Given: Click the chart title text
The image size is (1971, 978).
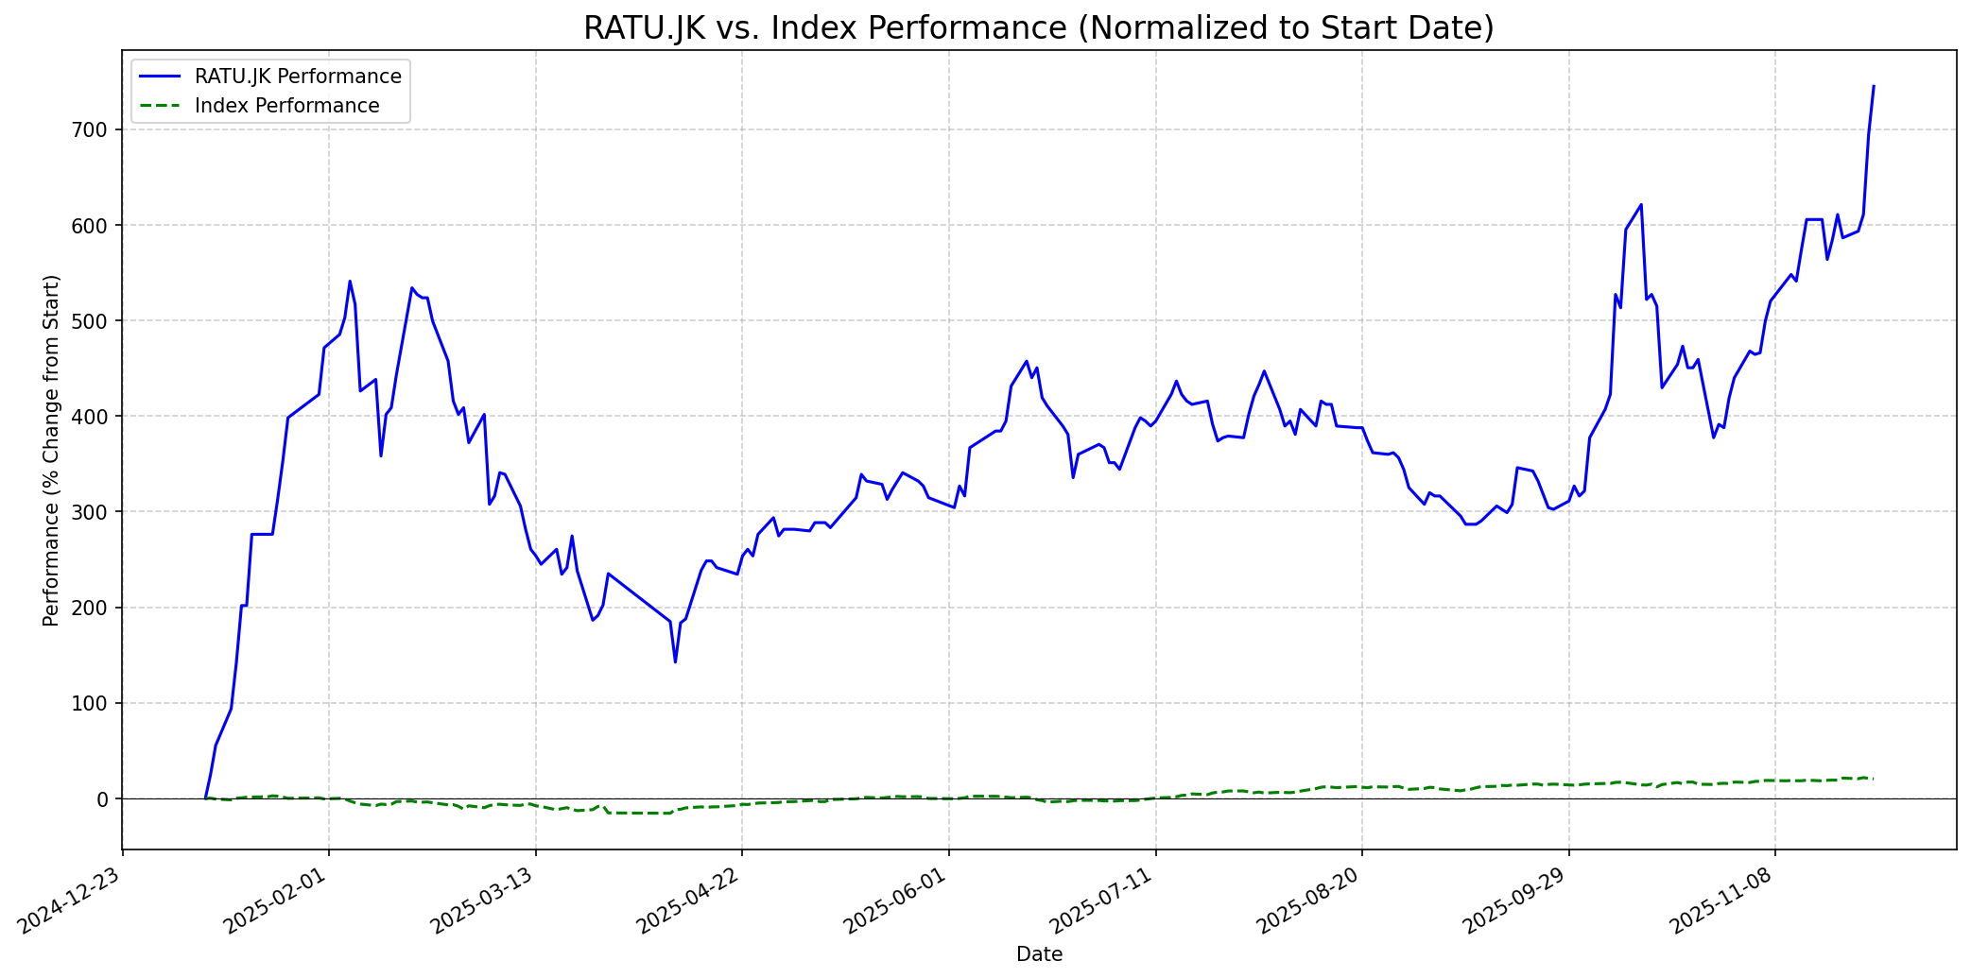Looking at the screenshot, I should (x=1038, y=28).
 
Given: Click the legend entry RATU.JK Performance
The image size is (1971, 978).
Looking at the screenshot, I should (x=298, y=77).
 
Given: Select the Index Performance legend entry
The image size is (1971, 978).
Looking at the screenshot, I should (x=286, y=106).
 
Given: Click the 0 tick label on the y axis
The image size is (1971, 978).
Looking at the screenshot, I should (x=104, y=799).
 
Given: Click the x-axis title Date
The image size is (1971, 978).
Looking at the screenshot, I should (x=1038, y=955).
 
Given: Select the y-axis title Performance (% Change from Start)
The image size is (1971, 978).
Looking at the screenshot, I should (x=51, y=450).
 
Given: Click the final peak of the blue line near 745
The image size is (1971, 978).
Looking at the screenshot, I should (x=1874, y=86).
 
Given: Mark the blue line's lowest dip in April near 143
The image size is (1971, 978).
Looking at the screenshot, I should (x=675, y=661).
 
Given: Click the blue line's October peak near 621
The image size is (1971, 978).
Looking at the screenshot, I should (x=1641, y=204).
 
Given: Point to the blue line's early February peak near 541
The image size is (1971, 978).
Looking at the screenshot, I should (x=350, y=281).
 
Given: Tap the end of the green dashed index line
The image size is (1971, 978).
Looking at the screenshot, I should (x=1874, y=778).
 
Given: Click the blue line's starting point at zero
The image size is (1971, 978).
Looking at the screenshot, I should (x=205, y=798).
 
